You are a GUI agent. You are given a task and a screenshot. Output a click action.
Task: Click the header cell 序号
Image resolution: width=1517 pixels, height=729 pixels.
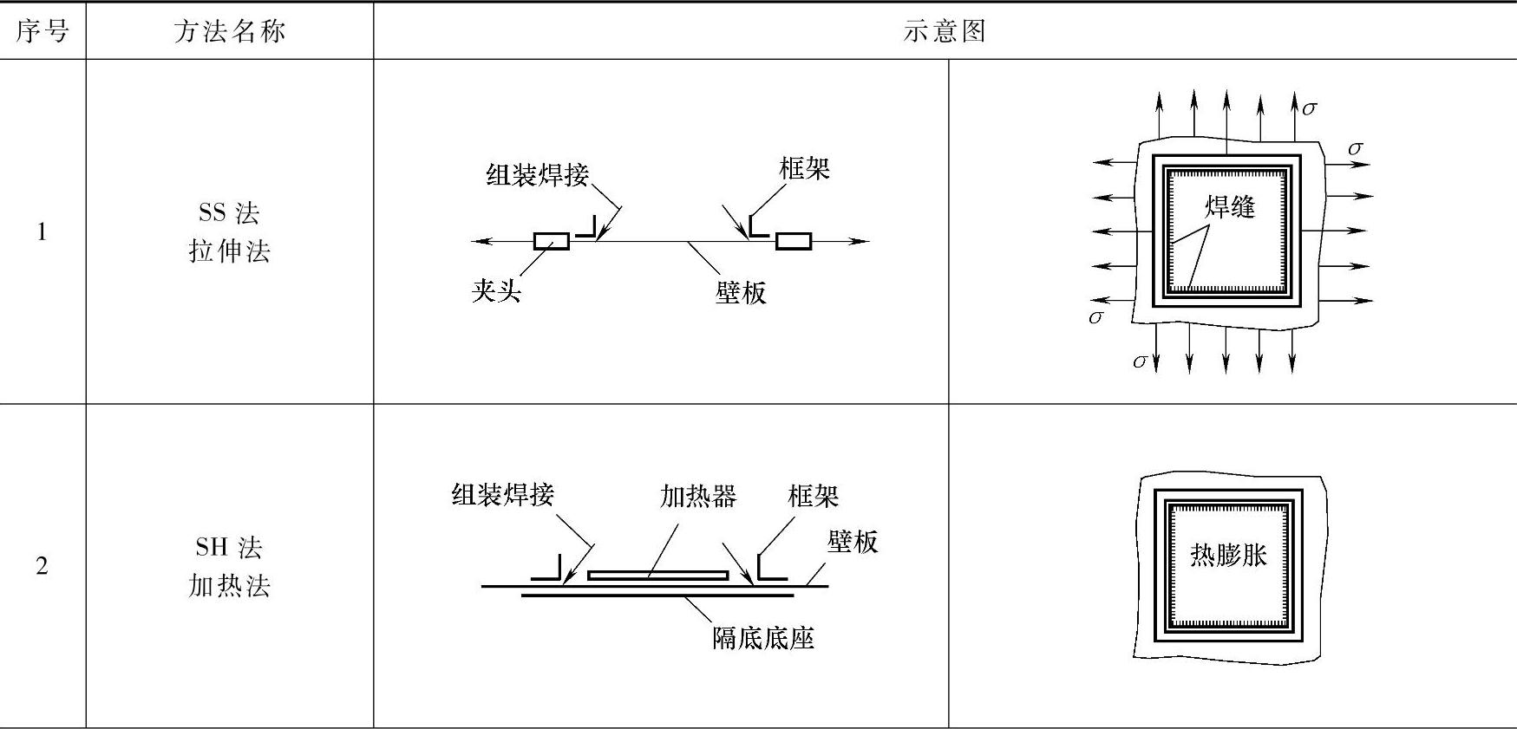click(42, 31)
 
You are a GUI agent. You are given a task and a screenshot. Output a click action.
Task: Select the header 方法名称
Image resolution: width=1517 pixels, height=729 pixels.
click(229, 31)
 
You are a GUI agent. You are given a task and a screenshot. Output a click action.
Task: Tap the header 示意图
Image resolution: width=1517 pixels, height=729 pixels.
click(945, 31)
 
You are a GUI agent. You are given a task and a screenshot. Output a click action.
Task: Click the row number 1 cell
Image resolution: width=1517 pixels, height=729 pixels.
click(42, 231)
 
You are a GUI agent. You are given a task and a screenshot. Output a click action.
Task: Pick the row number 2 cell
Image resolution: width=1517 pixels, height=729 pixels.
click(42, 566)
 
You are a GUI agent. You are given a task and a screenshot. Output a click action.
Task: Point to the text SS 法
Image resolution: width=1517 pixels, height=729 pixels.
click(229, 212)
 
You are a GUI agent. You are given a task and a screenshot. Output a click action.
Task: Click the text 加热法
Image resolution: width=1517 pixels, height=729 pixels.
click(229, 586)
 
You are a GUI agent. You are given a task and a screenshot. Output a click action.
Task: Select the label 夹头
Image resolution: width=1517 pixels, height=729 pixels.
click(496, 290)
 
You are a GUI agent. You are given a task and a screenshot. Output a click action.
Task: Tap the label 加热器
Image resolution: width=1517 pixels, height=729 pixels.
click(698, 496)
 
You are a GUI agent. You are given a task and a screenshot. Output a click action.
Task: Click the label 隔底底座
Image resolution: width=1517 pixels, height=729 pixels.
click(763, 639)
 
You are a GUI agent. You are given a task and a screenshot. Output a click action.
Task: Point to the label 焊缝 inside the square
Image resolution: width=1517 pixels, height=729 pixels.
click(1230, 206)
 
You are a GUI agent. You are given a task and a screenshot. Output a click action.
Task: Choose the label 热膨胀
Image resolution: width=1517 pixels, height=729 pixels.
click(1228, 555)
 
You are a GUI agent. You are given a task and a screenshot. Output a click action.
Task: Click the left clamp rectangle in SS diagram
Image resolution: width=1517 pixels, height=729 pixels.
click(551, 241)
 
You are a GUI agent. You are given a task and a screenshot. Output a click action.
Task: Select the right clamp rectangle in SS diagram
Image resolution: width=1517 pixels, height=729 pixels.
click(793, 241)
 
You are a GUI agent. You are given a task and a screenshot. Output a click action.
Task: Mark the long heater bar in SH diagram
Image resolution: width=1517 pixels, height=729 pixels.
click(657, 575)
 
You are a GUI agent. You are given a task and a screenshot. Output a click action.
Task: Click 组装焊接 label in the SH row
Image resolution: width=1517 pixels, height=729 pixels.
click(503, 495)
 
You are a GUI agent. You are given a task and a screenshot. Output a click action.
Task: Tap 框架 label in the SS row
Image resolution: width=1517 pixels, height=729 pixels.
click(804, 168)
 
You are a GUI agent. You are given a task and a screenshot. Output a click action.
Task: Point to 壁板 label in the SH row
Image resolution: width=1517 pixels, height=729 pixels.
click(853, 542)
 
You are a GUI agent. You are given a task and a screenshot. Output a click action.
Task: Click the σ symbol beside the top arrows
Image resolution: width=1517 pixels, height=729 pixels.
click(1309, 108)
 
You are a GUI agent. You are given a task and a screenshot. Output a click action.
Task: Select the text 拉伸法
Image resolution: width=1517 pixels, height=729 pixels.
click(229, 251)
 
